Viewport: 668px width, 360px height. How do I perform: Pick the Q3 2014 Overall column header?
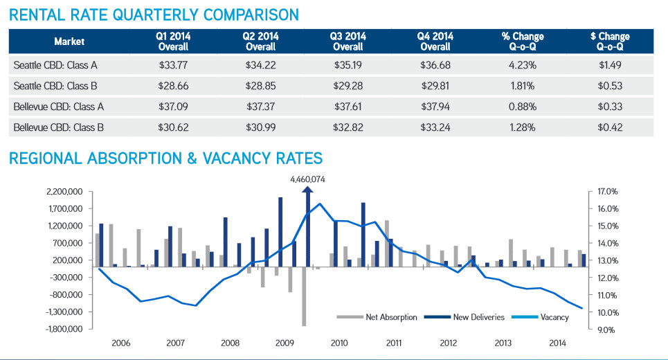(347, 42)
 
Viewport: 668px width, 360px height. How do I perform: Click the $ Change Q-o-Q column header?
(611, 42)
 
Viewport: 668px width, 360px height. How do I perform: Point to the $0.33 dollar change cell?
(611, 107)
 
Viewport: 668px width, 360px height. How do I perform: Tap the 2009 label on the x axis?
(284, 343)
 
